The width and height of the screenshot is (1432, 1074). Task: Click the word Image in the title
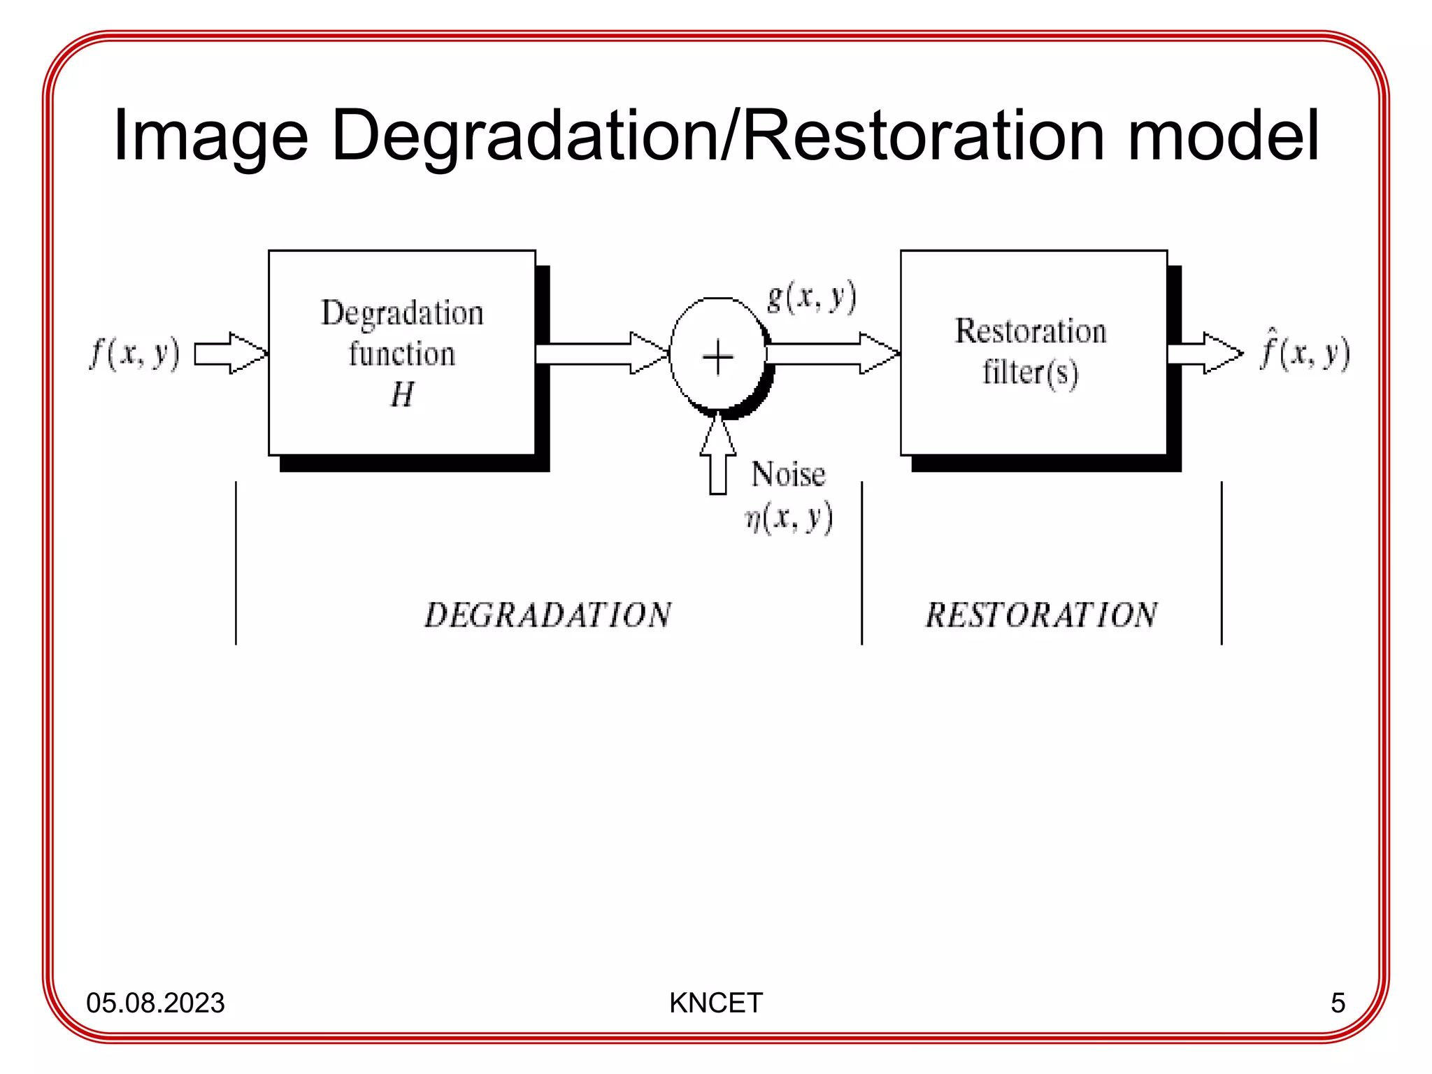[x=210, y=136]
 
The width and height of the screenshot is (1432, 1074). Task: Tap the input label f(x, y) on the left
[x=134, y=352]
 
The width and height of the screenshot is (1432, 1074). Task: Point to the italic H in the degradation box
[x=402, y=394]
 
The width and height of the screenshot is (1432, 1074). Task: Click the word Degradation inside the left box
[x=402, y=313]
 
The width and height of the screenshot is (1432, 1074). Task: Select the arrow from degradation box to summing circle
[x=601, y=354]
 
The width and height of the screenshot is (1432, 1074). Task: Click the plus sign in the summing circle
[x=717, y=358]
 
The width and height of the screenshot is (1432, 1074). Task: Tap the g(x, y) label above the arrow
[x=811, y=298]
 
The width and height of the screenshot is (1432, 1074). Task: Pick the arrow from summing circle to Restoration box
[x=832, y=354]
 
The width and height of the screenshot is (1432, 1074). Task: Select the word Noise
[x=788, y=475]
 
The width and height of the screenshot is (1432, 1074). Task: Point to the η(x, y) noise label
[x=789, y=518]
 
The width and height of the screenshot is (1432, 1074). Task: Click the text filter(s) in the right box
[x=1030, y=372]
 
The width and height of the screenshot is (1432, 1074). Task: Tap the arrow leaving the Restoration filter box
[x=1205, y=354]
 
